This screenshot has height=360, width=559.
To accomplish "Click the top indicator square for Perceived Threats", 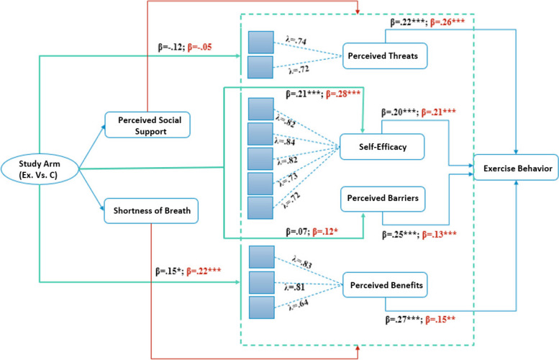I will point(260,42).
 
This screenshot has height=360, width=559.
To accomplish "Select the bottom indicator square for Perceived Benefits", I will point(260,307).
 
